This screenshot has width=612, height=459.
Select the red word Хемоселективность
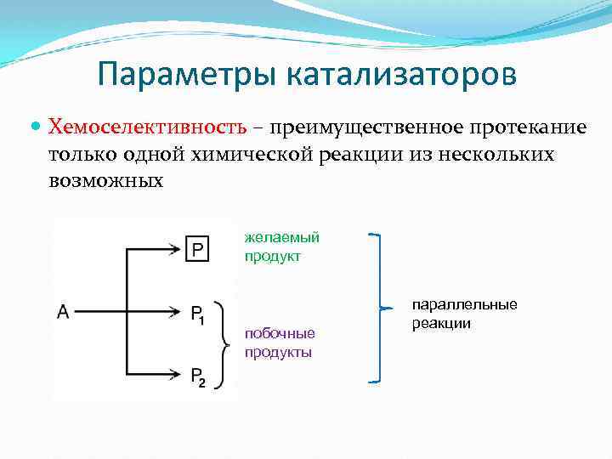[x=148, y=127]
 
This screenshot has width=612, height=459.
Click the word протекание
[x=526, y=127]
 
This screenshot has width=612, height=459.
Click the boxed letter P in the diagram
[x=197, y=249]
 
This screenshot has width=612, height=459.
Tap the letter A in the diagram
[x=63, y=312]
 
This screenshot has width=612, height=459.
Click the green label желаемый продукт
[x=281, y=246]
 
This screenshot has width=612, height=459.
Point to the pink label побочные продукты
[x=280, y=343]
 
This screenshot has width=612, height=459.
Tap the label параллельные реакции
[x=464, y=314]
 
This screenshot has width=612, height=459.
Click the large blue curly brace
[x=379, y=308]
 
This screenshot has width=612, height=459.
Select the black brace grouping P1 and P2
[x=224, y=343]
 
